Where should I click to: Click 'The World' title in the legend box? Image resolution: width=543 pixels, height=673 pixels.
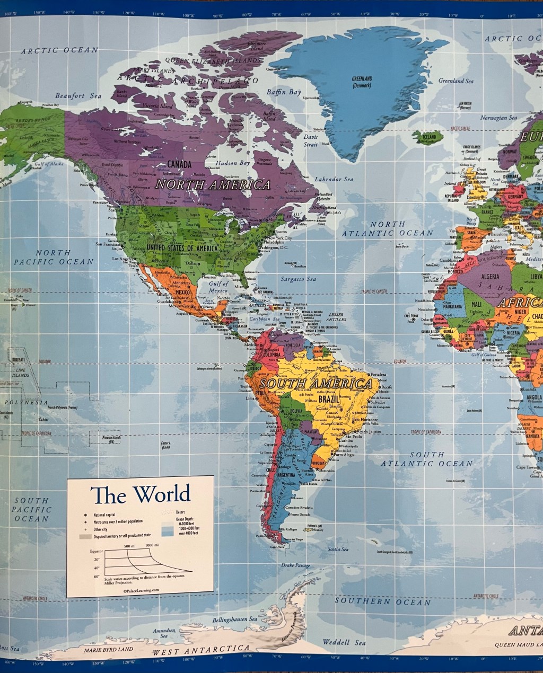point(141,494)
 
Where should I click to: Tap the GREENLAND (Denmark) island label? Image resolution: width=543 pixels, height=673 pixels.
point(362,82)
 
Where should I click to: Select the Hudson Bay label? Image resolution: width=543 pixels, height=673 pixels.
point(233,163)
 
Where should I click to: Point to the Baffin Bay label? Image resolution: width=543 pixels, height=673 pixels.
point(284,92)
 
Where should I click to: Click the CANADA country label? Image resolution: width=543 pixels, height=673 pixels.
point(179,165)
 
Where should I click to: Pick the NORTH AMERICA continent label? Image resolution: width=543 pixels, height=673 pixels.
point(213,185)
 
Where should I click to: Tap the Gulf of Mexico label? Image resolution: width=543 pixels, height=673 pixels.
point(218,287)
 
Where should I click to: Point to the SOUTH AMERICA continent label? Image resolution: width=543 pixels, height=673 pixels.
point(316,384)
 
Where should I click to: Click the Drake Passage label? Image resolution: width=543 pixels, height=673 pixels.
point(295,566)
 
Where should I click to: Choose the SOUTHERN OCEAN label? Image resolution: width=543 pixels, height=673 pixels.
point(382,601)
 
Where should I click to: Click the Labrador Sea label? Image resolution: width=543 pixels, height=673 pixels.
point(334,179)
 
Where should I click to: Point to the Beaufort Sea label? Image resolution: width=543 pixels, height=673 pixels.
point(78,96)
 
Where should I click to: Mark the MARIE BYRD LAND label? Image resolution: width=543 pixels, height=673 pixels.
point(109,649)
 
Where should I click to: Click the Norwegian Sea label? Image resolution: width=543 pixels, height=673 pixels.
point(498,118)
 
